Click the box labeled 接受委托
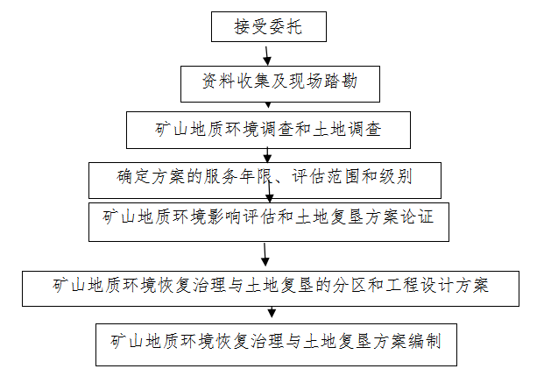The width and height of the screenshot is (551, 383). pos(269,27)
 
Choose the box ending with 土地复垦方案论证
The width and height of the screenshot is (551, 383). pos(268,221)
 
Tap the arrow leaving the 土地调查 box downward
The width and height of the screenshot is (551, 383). pos(268,154)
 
